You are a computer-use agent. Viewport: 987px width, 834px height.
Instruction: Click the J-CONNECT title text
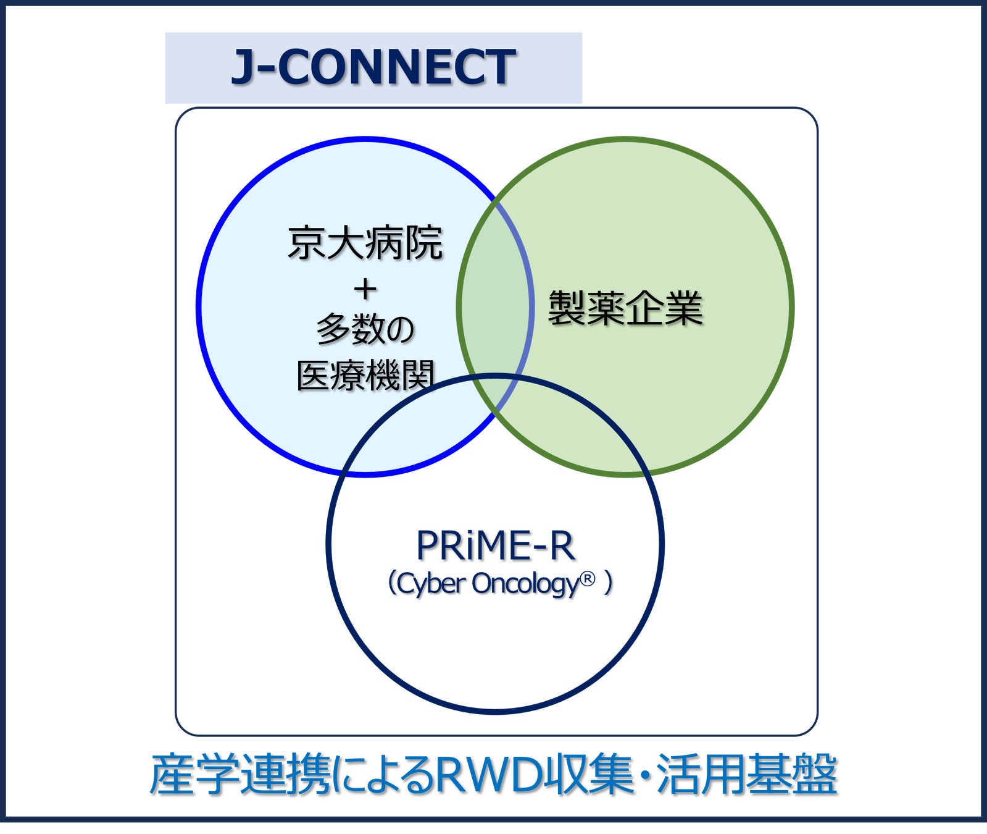[373, 67]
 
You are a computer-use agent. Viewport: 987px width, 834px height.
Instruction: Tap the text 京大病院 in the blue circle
[365, 243]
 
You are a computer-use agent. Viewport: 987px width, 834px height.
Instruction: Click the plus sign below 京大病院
[365, 289]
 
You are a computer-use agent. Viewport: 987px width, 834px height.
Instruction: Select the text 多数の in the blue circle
[365, 329]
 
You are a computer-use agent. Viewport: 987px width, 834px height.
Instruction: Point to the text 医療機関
[366, 375]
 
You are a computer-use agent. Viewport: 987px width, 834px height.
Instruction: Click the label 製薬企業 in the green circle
[625, 308]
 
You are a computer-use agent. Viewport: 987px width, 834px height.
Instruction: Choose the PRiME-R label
[495, 546]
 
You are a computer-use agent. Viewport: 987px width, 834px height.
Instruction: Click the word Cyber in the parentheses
[430, 584]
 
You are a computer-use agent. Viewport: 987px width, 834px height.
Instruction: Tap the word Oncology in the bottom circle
[525, 584]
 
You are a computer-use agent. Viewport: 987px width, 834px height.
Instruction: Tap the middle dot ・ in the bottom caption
[645, 775]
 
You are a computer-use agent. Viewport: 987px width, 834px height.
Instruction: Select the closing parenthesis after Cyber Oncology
[609, 583]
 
